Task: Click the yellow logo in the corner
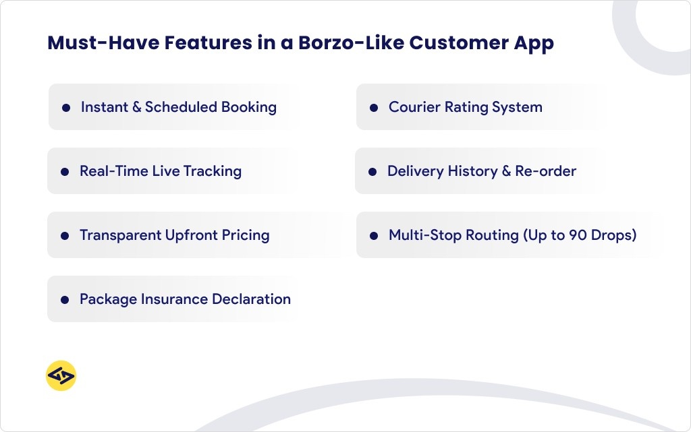(x=61, y=376)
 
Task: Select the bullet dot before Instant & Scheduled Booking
(x=65, y=108)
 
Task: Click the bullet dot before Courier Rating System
(x=373, y=108)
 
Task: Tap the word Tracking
(x=213, y=171)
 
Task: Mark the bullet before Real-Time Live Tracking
(x=65, y=172)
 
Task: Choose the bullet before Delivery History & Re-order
(x=372, y=172)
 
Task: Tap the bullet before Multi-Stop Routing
(x=373, y=236)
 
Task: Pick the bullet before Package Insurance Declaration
(x=65, y=300)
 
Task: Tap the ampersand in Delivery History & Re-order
(x=506, y=171)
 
